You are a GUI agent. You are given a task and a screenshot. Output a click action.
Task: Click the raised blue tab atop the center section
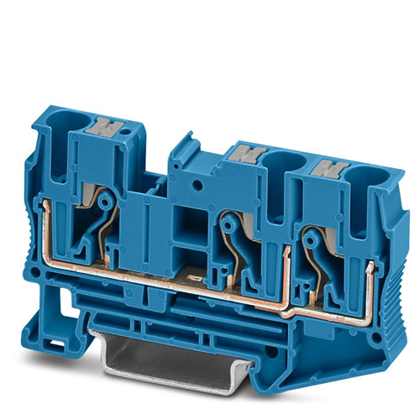coord(181,152)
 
